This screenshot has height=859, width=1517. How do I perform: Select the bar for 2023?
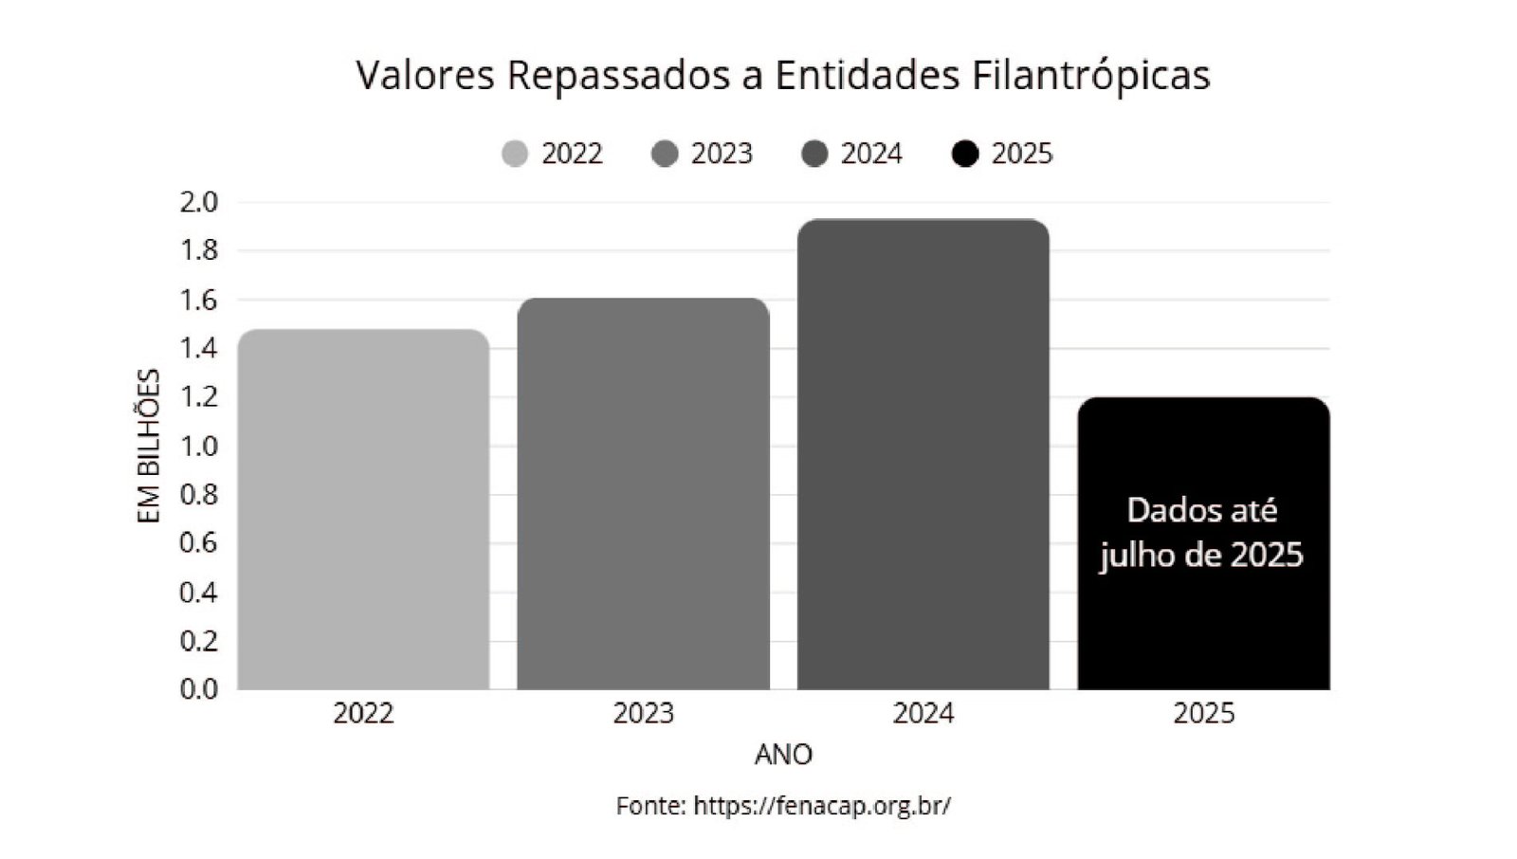point(643,494)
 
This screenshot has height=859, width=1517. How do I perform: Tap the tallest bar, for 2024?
point(923,455)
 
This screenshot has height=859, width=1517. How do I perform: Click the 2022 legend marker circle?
point(515,154)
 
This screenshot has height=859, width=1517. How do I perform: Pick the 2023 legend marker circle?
point(666,154)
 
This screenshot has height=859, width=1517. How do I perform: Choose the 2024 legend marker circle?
point(815,154)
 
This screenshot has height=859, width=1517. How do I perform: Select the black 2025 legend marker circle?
point(965,154)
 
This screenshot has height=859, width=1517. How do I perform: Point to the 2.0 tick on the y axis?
point(199,202)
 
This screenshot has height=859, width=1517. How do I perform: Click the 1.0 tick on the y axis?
point(199,446)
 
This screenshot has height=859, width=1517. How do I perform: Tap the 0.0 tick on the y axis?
point(199,689)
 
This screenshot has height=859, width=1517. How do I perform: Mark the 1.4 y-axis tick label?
point(199,349)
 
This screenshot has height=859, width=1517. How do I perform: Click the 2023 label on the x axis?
point(643,714)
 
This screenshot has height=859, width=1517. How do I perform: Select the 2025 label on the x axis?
point(1203,714)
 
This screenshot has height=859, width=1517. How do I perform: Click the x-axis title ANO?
point(783,755)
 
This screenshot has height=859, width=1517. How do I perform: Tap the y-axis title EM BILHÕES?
point(149,446)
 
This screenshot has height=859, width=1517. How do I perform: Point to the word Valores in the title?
point(426,76)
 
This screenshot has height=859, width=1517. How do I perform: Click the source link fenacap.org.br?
point(821,806)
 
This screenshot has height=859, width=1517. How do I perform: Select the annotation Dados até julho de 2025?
point(1202,533)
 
